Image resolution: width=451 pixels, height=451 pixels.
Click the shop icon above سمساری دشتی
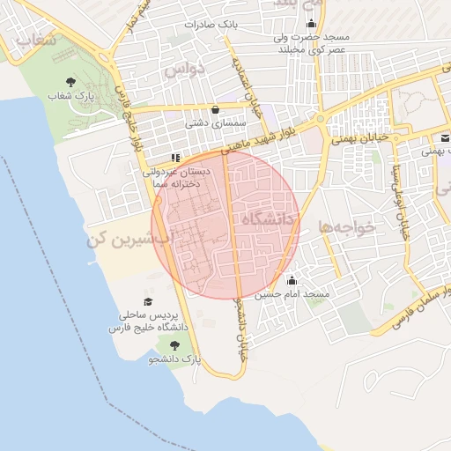click(x=216, y=110)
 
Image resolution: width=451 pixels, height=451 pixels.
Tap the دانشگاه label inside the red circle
click(x=263, y=218)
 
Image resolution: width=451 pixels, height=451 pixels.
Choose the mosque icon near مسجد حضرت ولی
click(x=309, y=25)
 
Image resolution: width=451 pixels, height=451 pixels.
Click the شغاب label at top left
click(x=37, y=40)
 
